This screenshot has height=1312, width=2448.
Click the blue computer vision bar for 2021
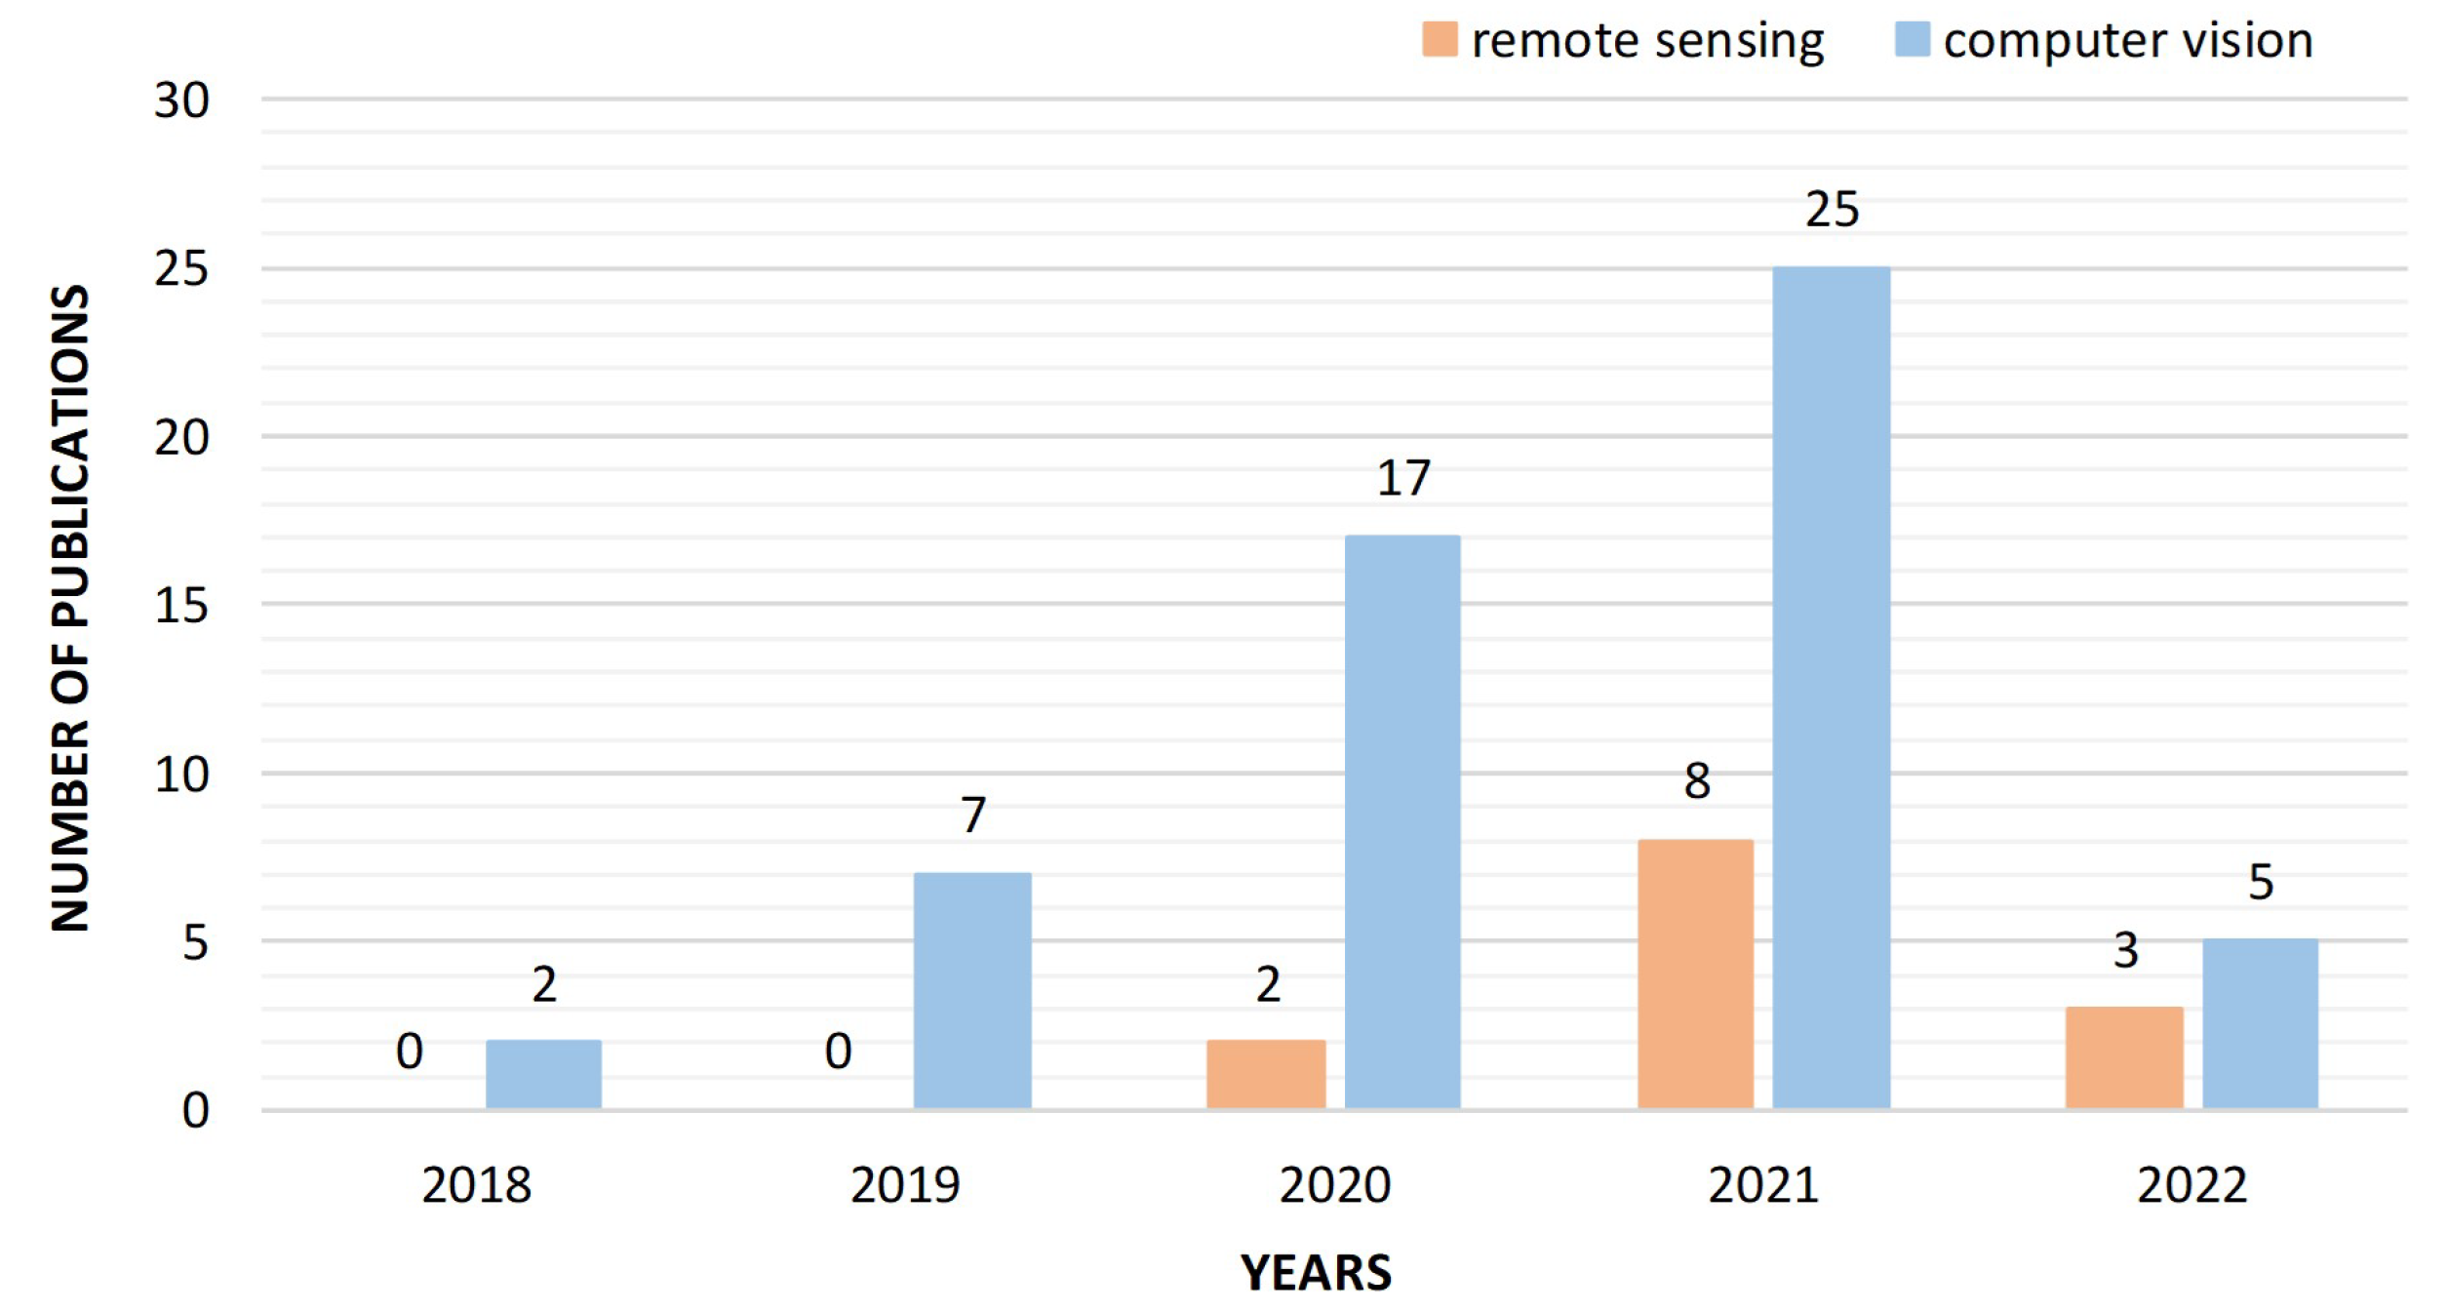1831,688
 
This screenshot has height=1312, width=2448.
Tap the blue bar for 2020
1402,821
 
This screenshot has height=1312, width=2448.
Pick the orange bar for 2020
1266,1074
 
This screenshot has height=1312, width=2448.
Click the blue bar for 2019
972,990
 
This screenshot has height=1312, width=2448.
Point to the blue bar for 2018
543,1074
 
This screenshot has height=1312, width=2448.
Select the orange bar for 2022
2124,1057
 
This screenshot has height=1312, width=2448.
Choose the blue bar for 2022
2260,1023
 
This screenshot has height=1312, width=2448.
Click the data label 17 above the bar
1402,479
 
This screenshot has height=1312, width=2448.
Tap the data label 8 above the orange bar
1696,781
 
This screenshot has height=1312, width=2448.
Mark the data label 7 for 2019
972,815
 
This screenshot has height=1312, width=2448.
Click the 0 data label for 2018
410,1052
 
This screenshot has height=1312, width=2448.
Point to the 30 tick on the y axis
181,100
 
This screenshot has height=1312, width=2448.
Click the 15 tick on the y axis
181,606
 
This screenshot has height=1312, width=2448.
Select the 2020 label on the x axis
1334,1185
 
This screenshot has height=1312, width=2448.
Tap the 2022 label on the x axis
2191,1185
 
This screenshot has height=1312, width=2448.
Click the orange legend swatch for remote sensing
1440,40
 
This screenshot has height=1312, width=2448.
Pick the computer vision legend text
2127,41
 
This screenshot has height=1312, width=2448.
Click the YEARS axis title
1316,1273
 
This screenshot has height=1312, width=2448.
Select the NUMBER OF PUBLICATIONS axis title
70,607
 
